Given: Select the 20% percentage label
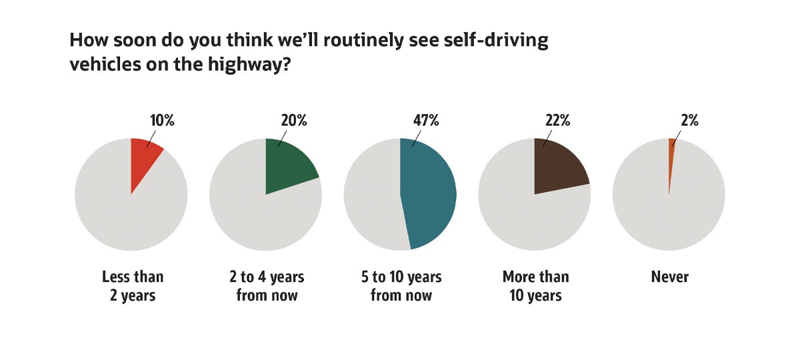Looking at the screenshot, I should [293, 121].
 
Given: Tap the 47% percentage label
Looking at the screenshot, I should [426, 121].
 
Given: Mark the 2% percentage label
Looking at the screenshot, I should [689, 121].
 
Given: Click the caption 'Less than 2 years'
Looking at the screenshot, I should [132, 286].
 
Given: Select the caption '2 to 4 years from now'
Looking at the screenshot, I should [267, 286].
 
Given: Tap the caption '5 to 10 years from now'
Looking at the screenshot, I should [401, 286].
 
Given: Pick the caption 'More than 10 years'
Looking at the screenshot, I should [535, 286].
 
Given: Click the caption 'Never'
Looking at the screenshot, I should [669, 277].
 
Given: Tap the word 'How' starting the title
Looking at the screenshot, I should [87, 41].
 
